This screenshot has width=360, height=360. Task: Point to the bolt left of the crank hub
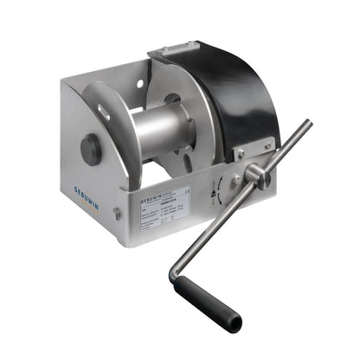coord(236,180)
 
